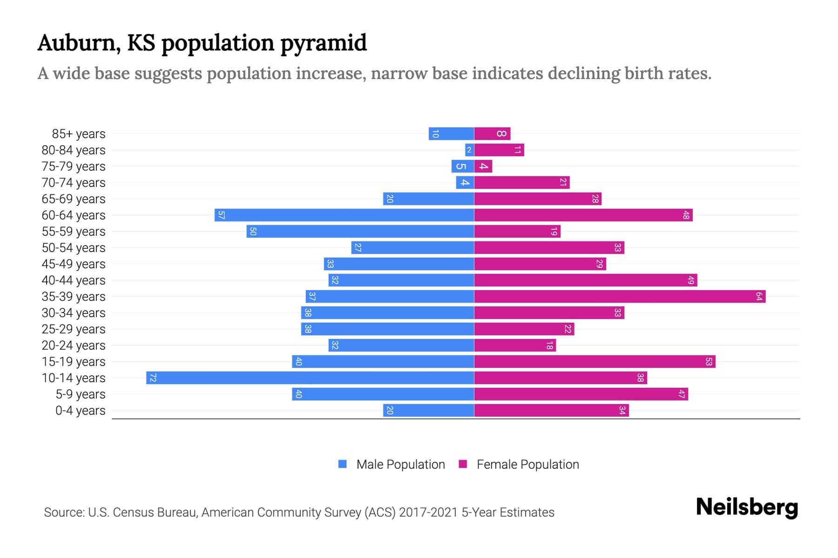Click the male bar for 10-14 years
[310, 378]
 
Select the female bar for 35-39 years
[620, 296]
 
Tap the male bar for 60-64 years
[344, 215]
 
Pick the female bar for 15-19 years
[595, 361]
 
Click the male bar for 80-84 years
[469, 150]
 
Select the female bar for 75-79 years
[483, 166]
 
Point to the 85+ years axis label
[79, 134]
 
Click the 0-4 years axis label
[80, 411]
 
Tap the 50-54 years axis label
[74, 248]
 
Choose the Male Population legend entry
[400, 465]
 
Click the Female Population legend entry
[527, 465]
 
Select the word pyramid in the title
[324, 43]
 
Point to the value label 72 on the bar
[153, 378]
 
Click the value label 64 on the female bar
[759, 296]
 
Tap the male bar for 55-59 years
[360, 231]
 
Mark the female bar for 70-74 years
[522, 182]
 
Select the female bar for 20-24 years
[515, 345]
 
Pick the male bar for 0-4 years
[428, 410]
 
